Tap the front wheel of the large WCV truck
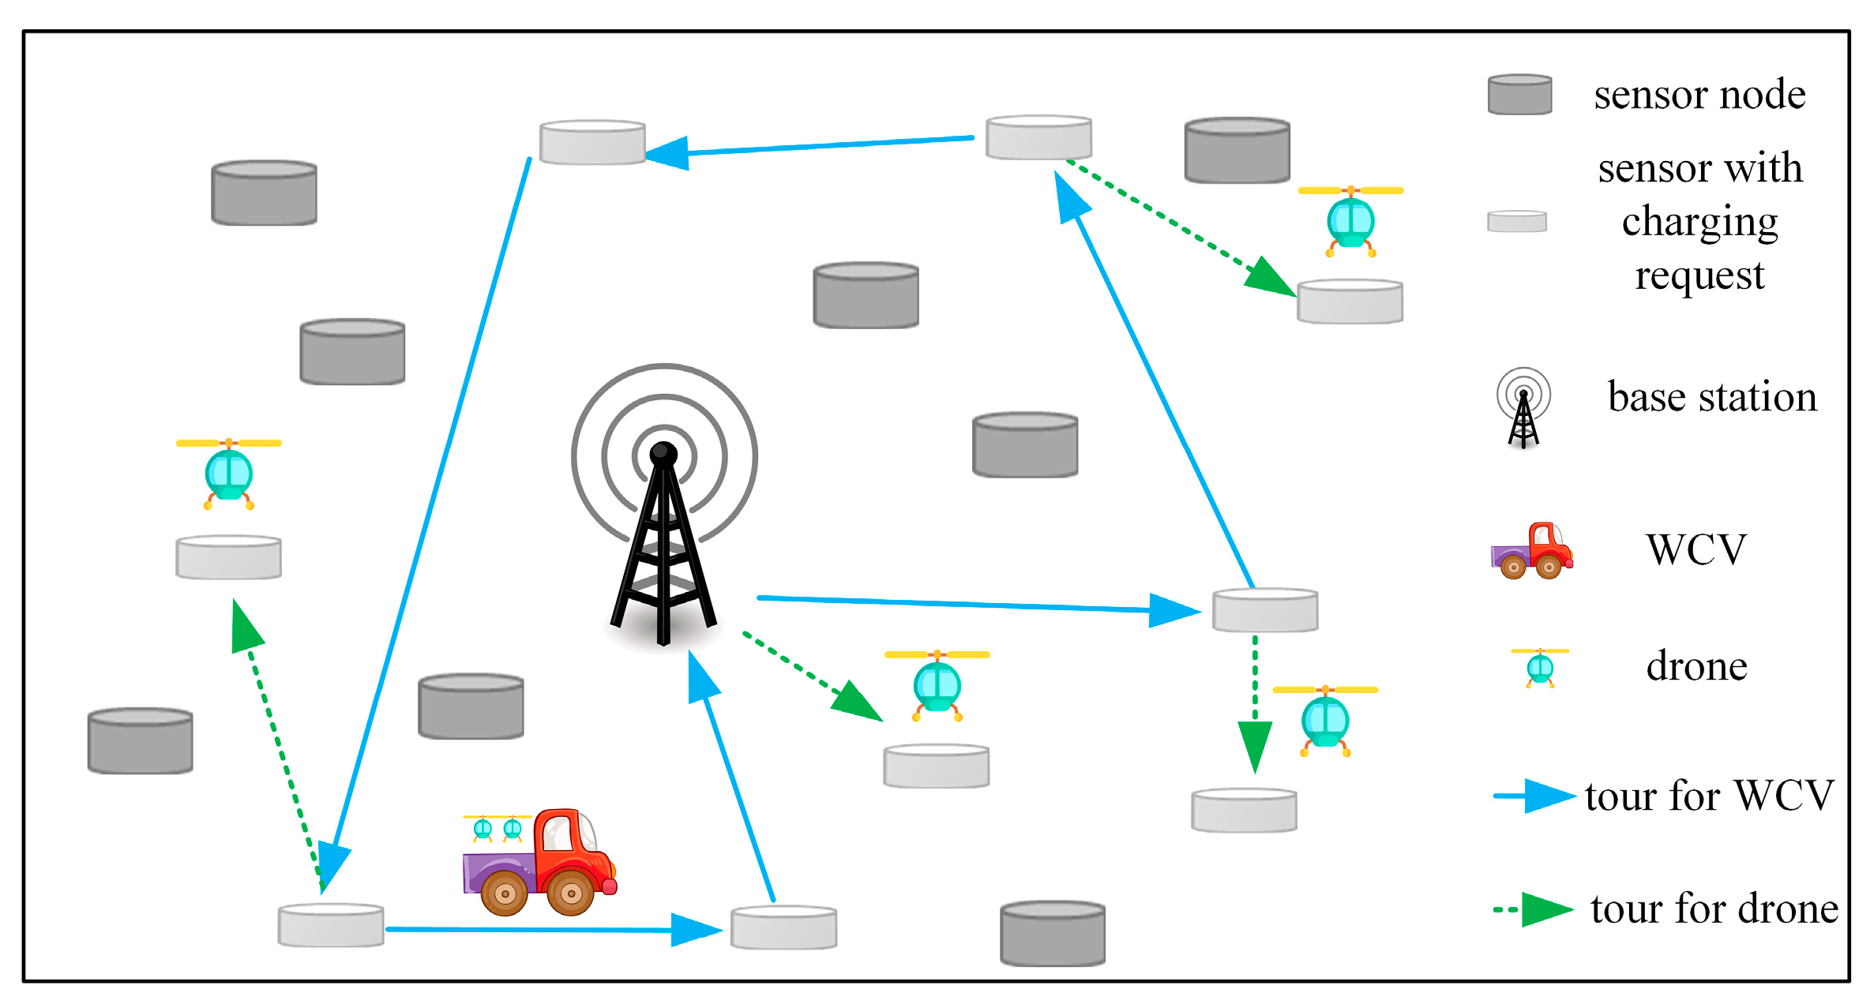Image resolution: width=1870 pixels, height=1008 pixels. click(570, 893)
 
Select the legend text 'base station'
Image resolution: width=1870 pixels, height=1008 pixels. click(1712, 397)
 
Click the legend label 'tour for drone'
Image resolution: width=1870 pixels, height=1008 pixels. click(1714, 909)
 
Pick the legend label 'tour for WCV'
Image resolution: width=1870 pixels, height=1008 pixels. click(1709, 795)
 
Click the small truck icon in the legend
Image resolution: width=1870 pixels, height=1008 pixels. click(1531, 551)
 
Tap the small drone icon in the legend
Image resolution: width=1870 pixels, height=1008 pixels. click(1539, 667)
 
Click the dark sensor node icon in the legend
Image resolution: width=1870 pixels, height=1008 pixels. click(1519, 95)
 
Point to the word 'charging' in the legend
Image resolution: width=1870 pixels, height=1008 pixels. click(1699, 222)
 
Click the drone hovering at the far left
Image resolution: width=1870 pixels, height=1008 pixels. click(229, 473)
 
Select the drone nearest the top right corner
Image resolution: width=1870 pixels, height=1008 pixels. click(1350, 220)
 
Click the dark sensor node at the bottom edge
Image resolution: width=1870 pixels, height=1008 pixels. click(1052, 934)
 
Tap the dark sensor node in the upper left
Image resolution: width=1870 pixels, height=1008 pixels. click(264, 193)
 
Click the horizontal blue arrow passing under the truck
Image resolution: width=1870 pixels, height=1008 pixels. click(553, 930)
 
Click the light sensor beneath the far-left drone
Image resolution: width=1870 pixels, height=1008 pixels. click(228, 557)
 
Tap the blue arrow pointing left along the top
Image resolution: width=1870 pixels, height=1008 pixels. click(813, 145)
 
